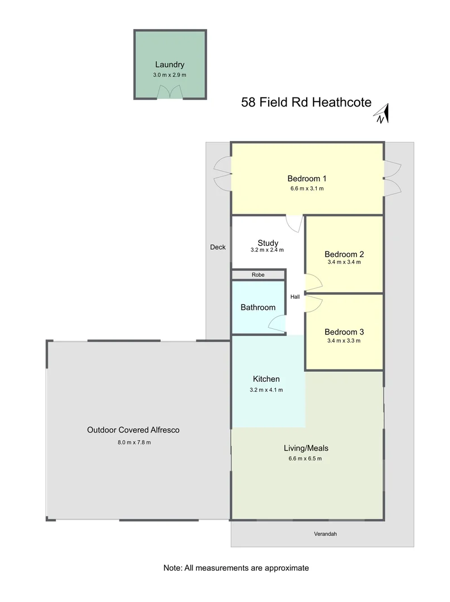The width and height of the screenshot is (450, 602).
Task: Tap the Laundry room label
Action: pyautogui.click(x=170, y=65)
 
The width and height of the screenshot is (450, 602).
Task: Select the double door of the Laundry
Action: pyautogui.click(x=170, y=93)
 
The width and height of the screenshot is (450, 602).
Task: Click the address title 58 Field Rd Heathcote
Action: pyautogui.click(x=306, y=103)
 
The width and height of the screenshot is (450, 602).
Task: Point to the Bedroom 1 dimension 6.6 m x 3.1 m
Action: pyautogui.click(x=307, y=189)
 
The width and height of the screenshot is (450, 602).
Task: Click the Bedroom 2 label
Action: pyautogui.click(x=344, y=254)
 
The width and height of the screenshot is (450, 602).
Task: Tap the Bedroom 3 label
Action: pyautogui.click(x=344, y=331)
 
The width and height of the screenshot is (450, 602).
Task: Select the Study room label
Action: pyautogui.click(x=268, y=243)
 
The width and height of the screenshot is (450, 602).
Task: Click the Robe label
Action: pyautogui.click(x=258, y=275)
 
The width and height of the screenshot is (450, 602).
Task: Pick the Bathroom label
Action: pyautogui.click(x=258, y=307)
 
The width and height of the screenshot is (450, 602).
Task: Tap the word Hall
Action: pyautogui.click(x=295, y=297)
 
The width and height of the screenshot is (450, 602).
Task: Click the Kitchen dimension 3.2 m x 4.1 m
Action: pyautogui.click(x=267, y=390)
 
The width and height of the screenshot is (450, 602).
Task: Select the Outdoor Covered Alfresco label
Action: pyautogui.click(x=133, y=430)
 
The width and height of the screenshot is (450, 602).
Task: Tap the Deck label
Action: pyautogui.click(x=218, y=247)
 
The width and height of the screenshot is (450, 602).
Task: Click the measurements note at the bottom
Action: pyautogui.click(x=236, y=567)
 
